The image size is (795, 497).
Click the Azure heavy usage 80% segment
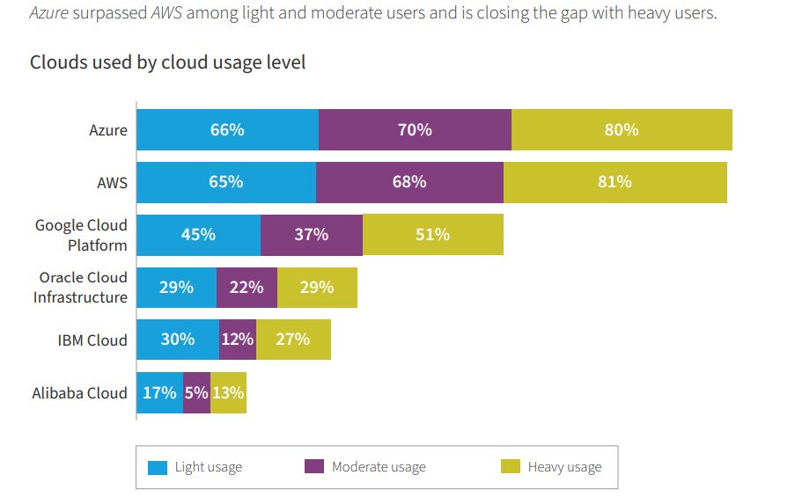[622, 130]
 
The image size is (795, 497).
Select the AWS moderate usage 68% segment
[409, 182]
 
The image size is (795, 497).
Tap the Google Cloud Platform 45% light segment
[199, 235]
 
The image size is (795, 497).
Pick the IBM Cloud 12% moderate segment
[238, 340]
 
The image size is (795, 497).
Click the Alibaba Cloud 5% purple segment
[196, 392]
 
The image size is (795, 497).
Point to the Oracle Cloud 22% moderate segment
[247, 287]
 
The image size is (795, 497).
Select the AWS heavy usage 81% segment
[615, 182]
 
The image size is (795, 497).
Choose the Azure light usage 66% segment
[227, 130]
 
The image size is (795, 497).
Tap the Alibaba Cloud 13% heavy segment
[228, 392]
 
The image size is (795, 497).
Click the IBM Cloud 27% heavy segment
[293, 340]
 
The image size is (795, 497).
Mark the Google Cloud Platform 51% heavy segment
[432, 235]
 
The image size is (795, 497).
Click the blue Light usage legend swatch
[158, 467]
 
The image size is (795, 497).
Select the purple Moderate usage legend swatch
[314, 467]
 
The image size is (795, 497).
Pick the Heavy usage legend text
[564, 467]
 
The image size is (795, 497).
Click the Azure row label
[108, 130]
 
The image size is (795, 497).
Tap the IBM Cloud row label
[92, 340]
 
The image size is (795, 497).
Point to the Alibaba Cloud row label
[80, 392]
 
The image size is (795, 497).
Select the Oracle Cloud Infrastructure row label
[81, 288]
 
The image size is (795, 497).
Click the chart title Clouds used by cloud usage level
[168, 63]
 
